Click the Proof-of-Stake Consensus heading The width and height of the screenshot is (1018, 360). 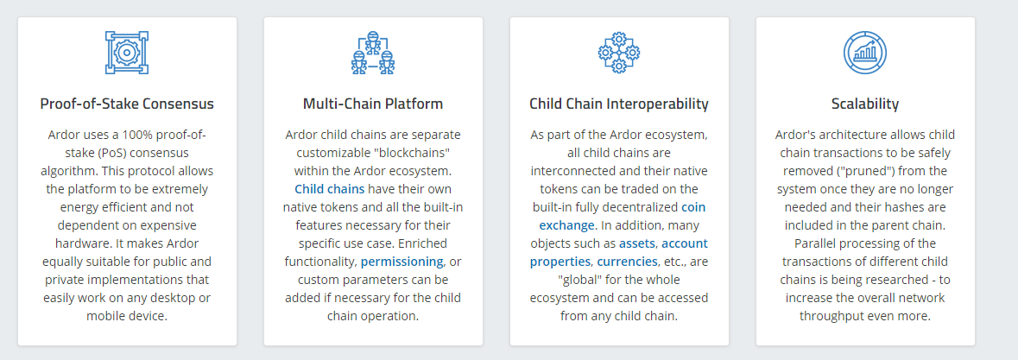click(127, 104)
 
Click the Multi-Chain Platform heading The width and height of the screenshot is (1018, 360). click(373, 104)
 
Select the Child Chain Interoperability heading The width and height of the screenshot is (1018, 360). click(619, 104)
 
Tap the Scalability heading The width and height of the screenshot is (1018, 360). click(865, 104)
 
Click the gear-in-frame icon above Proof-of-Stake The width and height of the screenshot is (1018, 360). click(127, 53)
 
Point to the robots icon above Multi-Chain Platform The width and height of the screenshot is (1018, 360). click(373, 53)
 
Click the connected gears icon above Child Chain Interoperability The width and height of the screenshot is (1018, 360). click(619, 53)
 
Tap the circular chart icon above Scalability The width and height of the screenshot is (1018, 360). click(865, 53)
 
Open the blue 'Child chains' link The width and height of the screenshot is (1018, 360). click(330, 189)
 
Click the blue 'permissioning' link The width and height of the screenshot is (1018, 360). click(402, 262)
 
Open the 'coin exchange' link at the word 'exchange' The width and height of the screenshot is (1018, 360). click(566, 225)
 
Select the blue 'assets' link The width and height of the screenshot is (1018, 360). click(637, 244)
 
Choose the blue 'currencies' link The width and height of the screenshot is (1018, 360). click(626, 262)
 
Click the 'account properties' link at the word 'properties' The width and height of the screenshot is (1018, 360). click(560, 262)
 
